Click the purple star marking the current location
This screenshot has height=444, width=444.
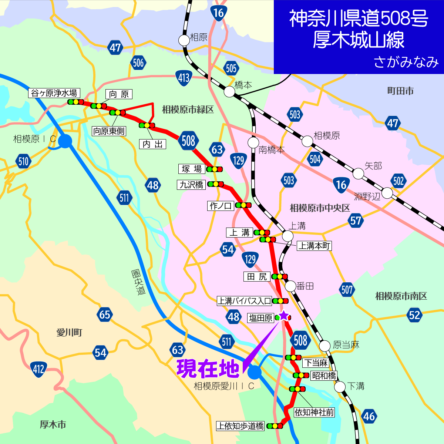point(283,316)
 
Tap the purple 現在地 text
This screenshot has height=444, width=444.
point(208,369)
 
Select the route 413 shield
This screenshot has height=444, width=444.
point(184,78)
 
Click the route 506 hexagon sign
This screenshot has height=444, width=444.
point(138,63)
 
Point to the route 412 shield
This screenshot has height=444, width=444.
point(38,369)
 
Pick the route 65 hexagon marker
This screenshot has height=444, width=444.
point(105,314)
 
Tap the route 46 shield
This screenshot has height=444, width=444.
point(369,416)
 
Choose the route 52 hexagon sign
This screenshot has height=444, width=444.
point(414,315)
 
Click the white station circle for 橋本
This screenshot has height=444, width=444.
point(230,92)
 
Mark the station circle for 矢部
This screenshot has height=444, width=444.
point(358,173)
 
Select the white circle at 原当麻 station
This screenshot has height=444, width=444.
point(324,346)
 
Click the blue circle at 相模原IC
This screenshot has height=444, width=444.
point(65,141)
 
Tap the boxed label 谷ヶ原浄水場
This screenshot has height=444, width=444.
point(54,93)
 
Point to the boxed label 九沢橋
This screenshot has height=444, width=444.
point(191,185)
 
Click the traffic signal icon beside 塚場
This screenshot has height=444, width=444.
point(215,169)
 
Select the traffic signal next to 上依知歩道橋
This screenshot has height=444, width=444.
point(275,426)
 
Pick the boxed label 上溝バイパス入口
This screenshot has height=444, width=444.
point(244,301)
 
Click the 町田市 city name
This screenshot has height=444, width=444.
point(400,91)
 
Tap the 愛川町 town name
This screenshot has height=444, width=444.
point(69,333)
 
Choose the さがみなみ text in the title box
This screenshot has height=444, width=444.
point(406,62)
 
